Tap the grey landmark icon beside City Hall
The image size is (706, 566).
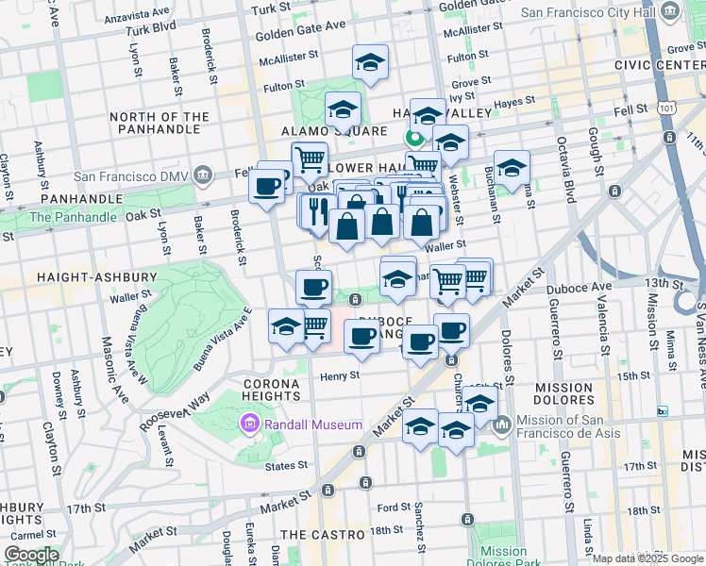[x=670, y=12]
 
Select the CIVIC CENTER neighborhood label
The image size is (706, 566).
[x=659, y=64]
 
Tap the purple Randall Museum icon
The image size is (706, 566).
[x=249, y=424]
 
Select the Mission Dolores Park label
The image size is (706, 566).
[x=503, y=558]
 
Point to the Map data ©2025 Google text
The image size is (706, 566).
[x=647, y=558]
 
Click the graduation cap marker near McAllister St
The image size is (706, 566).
[x=370, y=63]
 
